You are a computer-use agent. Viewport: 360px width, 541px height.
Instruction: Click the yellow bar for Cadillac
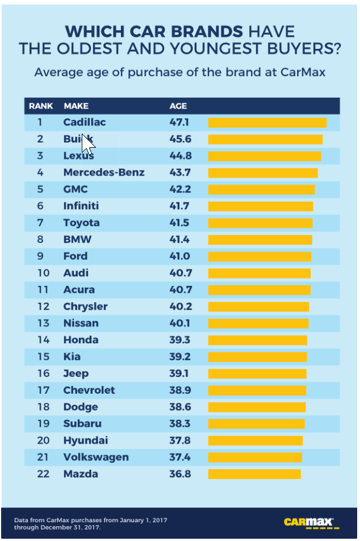click(267, 123)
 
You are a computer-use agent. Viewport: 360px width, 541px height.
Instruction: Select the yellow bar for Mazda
click(254, 474)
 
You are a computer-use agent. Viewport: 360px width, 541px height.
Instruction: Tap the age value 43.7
click(181, 172)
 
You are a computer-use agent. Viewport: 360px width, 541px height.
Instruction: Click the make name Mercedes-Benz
click(104, 172)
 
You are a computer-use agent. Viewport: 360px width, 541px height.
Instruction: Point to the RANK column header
click(41, 106)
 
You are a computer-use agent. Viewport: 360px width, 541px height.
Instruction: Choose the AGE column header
click(178, 106)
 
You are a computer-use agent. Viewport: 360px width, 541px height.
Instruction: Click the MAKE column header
click(76, 106)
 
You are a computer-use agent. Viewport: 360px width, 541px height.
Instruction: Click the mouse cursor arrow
click(87, 144)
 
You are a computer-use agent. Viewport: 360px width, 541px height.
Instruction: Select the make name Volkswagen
click(96, 457)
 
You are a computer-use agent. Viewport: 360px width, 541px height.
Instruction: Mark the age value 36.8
click(181, 474)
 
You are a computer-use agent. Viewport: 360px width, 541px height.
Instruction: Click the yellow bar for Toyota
click(261, 223)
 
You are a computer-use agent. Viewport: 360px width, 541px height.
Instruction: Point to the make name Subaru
click(83, 423)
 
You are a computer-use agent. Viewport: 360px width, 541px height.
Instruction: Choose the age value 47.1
click(181, 122)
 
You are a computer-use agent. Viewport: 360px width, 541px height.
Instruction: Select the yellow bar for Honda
click(258, 340)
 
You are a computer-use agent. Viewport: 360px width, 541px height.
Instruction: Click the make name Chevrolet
click(89, 390)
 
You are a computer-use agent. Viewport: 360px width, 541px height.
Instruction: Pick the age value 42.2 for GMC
click(181, 189)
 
